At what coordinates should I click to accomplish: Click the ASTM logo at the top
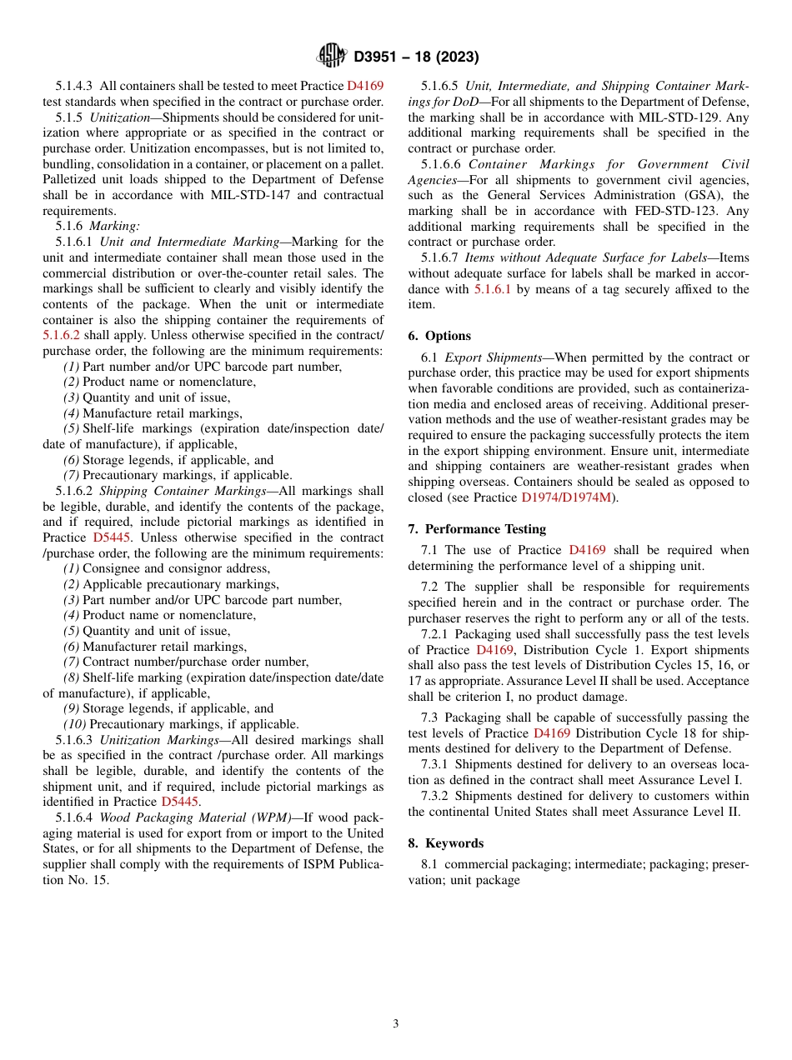point(332,57)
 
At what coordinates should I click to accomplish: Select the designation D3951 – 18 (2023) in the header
point(416,57)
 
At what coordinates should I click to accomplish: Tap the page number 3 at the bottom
point(396,1024)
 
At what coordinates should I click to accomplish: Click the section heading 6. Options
point(439,336)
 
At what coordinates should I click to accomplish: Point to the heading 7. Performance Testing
point(477,529)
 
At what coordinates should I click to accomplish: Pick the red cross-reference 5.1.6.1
point(492,289)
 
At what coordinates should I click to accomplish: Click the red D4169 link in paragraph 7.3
point(551,733)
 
